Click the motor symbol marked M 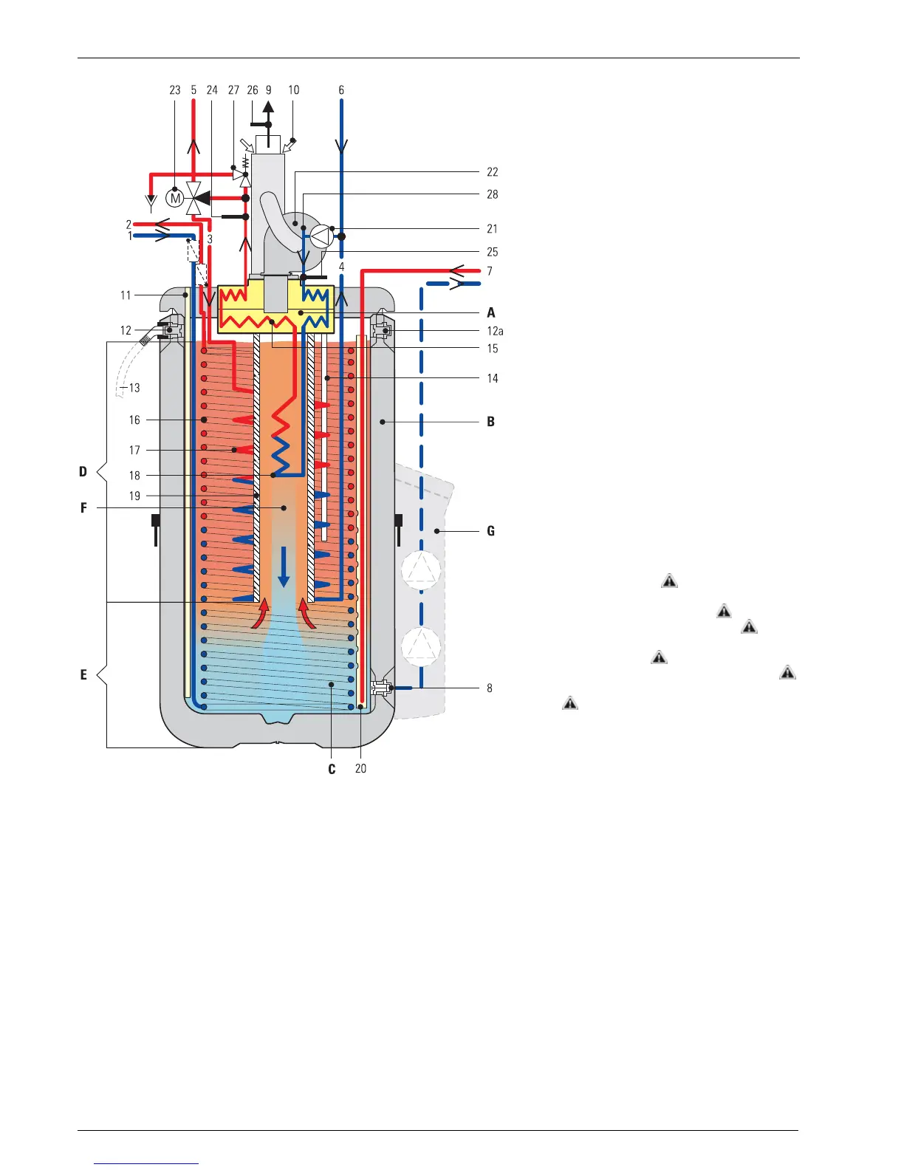[x=176, y=198]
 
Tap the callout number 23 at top [x=175, y=90]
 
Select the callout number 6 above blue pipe [x=341, y=90]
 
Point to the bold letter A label [x=491, y=312]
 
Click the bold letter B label [x=491, y=422]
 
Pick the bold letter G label [x=491, y=531]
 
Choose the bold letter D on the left [x=83, y=471]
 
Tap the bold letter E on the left [x=83, y=674]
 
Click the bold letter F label [x=84, y=508]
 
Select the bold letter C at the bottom [x=332, y=769]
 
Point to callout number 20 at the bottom [x=360, y=769]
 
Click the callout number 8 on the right [x=490, y=688]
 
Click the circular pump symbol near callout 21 [x=320, y=236]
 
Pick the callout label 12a [x=495, y=331]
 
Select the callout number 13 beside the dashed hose [x=134, y=388]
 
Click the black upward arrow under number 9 [x=269, y=108]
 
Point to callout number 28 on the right [x=493, y=194]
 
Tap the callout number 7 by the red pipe [x=490, y=271]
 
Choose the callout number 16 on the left [x=134, y=420]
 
